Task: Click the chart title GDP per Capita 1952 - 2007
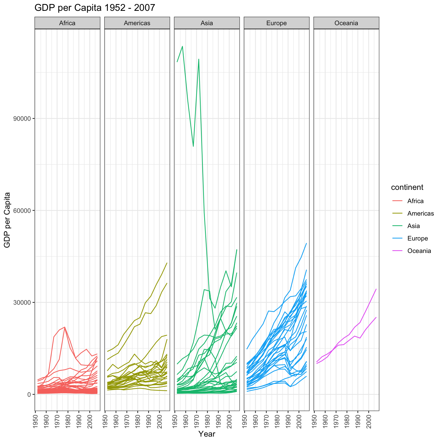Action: [x=95, y=8]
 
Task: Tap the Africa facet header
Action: [x=67, y=23]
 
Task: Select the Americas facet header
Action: [x=137, y=23]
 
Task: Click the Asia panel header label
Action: [x=207, y=23]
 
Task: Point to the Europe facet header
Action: [x=277, y=23]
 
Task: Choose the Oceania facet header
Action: [x=346, y=23]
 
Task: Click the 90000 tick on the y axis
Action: [x=22, y=119]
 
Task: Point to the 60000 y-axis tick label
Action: [x=22, y=210]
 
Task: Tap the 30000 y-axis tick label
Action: [x=22, y=303]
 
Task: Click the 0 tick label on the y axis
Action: [x=29, y=395]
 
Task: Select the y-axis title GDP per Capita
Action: [x=8, y=220]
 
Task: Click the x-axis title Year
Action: [x=207, y=434]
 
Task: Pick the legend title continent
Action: [x=407, y=187]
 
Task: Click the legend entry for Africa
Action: [x=415, y=201]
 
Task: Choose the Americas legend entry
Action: [x=420, y=213]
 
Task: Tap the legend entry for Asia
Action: [x=413, y=226]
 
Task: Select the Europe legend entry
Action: [x=417, y=238]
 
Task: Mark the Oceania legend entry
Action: [x=419, y=251]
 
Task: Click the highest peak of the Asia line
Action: [x=183, y=46]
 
